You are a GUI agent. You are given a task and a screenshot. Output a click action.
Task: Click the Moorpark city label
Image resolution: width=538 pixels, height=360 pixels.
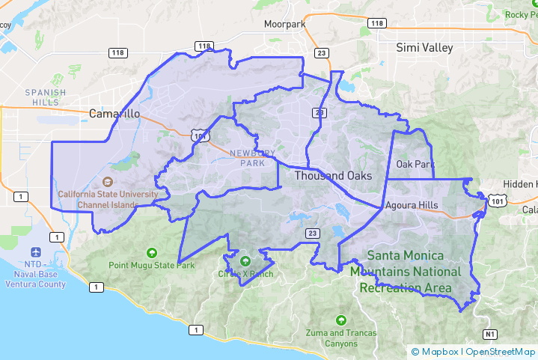[x=285, y=24]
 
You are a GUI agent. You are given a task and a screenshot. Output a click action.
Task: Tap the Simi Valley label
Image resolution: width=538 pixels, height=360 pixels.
[x=424, y=47]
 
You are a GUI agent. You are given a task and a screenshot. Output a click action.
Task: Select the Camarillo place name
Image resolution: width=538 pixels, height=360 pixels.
[x=114, y=114]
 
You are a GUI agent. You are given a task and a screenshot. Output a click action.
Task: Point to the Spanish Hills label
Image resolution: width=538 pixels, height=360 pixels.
[x=46, y=97]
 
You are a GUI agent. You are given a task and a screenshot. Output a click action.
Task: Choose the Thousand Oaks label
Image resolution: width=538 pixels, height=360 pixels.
[x=332, y=176]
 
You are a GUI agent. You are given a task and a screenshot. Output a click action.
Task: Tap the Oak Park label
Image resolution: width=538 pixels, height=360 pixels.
[x=415, y=164]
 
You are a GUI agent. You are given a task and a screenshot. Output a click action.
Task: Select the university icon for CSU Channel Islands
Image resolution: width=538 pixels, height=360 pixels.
[x=108, y=182]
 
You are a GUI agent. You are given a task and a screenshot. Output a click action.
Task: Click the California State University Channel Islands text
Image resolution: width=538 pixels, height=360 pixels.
[x=108, y=200]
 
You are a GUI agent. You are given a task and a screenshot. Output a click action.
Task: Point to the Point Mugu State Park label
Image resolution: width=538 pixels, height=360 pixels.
[x=152, y=265]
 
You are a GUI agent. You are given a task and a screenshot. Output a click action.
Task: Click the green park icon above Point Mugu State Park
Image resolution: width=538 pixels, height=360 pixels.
[x=153, y=252]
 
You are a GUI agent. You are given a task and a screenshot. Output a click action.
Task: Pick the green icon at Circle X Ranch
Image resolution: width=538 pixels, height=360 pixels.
[x=245, y=261]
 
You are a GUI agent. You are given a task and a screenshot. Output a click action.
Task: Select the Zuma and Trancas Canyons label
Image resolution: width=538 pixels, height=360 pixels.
[x=341, y=338]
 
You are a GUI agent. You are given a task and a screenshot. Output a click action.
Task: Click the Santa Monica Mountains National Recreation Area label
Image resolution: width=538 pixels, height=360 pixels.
[x=405, y=270]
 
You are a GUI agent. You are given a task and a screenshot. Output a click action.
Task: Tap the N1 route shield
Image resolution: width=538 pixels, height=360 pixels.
[x=489, y=334]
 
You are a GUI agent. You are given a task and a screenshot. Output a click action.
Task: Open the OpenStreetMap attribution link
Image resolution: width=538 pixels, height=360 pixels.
[x=501, y=351]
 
